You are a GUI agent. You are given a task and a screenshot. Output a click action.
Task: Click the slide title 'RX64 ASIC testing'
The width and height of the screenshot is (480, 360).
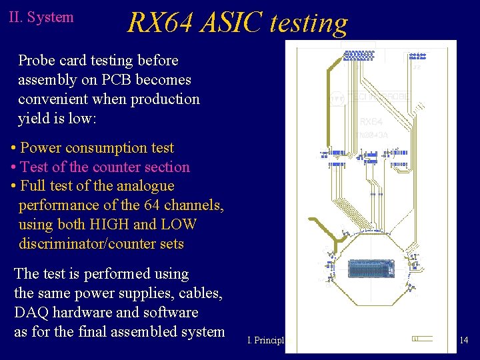pos(237,22)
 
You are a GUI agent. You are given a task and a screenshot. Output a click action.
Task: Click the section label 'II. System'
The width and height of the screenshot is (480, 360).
pos(41,17)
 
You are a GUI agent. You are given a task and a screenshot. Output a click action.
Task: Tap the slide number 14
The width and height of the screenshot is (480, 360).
pos(464,341)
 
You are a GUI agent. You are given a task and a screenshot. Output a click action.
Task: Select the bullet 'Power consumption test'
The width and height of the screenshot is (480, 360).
pos(97,148)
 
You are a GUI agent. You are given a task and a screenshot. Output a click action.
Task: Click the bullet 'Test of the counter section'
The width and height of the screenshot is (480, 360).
pos(105,167)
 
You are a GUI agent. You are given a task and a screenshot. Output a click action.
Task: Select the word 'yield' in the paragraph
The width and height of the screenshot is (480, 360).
pos(33,119)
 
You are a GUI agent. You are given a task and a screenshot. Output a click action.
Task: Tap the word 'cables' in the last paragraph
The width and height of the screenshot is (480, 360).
pos(199,293)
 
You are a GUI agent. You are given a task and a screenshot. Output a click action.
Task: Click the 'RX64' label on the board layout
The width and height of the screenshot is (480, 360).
pos(371,122)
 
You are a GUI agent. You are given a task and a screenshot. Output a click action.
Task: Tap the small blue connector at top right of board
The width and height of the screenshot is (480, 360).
pos(417,56)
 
